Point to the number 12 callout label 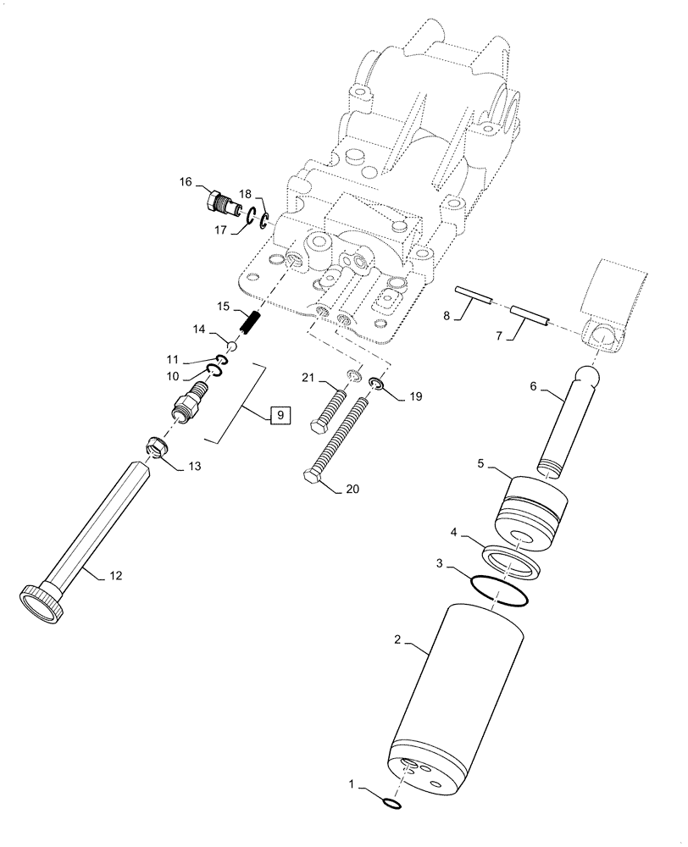(115, 576)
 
